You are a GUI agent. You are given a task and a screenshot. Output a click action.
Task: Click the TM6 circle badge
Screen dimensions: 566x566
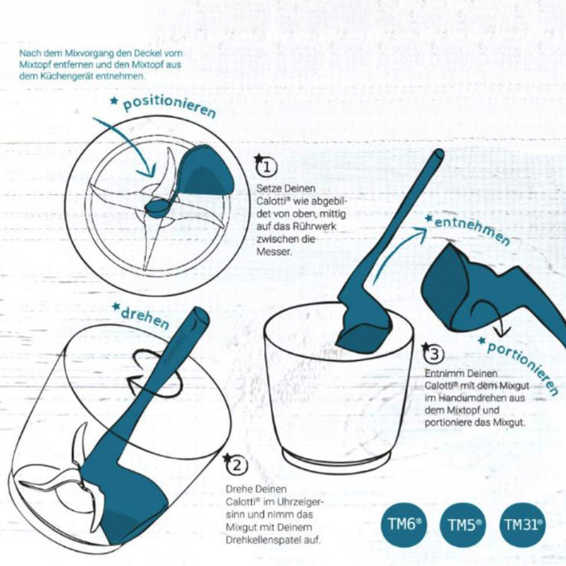click(404, 524)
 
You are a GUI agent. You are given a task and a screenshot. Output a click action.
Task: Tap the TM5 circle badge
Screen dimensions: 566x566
click(463, 525)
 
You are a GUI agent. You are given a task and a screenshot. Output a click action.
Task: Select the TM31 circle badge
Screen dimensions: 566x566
click(523, 525)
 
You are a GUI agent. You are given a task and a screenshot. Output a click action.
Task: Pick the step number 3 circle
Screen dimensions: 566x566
click(433, 354)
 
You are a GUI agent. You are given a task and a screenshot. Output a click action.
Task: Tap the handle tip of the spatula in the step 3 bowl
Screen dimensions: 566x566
click(439, 154)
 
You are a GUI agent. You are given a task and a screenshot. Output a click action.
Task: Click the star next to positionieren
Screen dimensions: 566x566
click(114, 101)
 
